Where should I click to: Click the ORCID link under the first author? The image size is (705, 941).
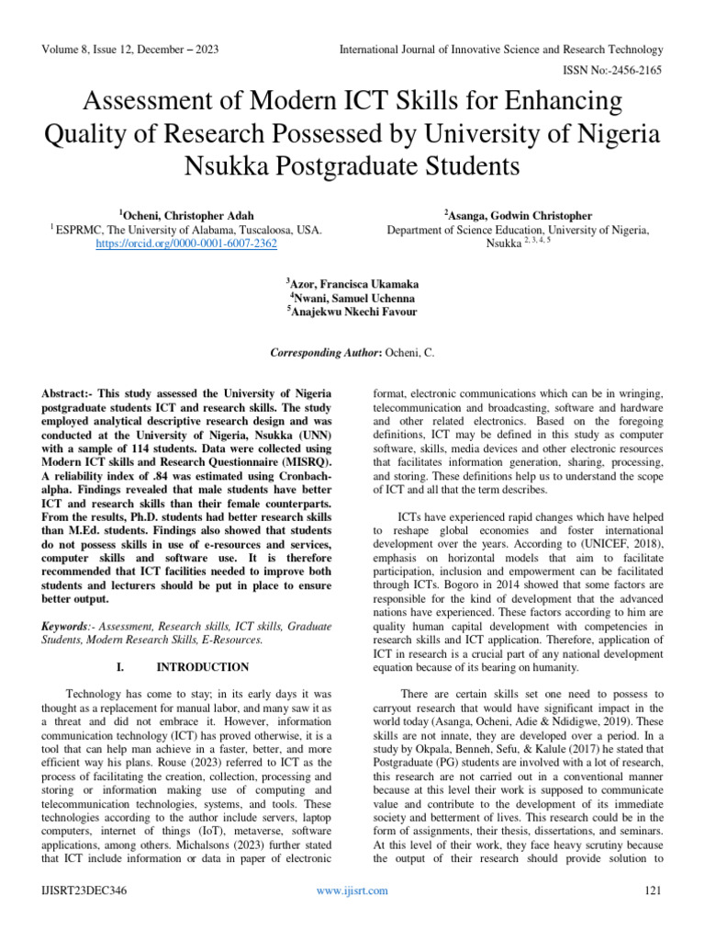186,244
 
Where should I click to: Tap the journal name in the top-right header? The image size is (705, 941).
501,49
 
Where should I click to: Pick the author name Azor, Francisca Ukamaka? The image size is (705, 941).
352,285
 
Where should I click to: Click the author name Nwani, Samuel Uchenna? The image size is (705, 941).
352,299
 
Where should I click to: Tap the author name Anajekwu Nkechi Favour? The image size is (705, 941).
352,312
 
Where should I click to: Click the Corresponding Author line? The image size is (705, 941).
352,354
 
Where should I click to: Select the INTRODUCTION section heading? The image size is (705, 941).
202,667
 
